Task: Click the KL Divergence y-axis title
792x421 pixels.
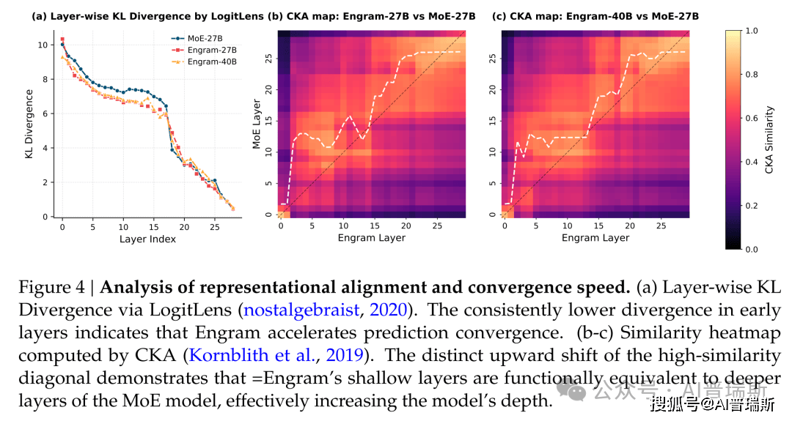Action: click(x=30, y=124)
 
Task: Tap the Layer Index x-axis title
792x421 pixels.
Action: click(x=148, y=239)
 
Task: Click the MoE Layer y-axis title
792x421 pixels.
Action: click(x=257, y=124)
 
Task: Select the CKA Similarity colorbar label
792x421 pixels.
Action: click(x=769, y=139)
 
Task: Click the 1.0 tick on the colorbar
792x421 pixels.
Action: click(x=752, y=31)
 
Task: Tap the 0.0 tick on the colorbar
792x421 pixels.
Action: click(x=752, y=249)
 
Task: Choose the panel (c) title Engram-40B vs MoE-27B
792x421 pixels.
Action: click(x=594, y=15)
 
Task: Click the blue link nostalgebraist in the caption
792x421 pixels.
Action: click(x=301, y=310)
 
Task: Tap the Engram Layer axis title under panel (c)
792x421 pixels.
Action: click(x=595, y=238)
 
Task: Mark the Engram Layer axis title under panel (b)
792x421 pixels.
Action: click(x=371, y=238)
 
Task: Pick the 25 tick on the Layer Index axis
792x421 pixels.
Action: click(x=214, y=228)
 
